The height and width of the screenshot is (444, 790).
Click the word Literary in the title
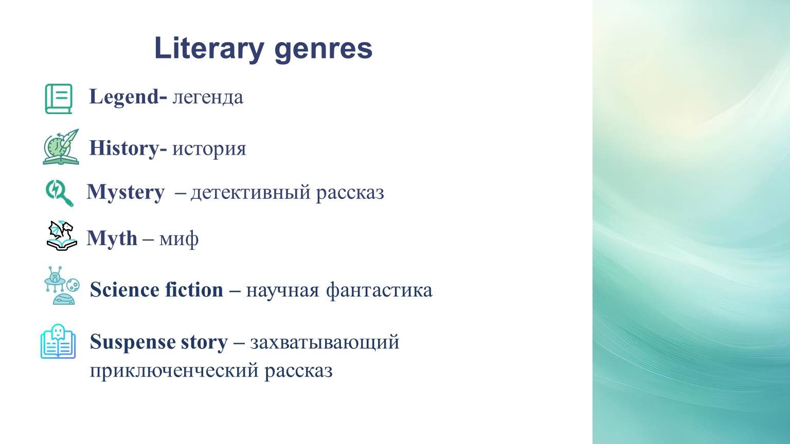209,49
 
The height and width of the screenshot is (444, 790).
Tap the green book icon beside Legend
59,99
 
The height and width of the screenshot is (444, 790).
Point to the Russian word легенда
208,98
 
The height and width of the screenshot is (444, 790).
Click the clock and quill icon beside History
61,147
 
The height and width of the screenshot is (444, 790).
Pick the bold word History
124,149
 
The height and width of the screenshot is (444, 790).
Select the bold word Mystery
125,193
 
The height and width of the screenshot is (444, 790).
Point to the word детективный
251,193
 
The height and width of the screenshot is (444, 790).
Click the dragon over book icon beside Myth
62,236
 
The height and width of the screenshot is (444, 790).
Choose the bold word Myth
112,239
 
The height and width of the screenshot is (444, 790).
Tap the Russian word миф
179,239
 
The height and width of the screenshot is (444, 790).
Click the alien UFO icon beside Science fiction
62,285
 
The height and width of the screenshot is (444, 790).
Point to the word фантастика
379,290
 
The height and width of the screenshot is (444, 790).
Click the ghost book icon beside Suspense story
58,341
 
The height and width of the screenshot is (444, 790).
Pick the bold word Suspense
133,343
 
